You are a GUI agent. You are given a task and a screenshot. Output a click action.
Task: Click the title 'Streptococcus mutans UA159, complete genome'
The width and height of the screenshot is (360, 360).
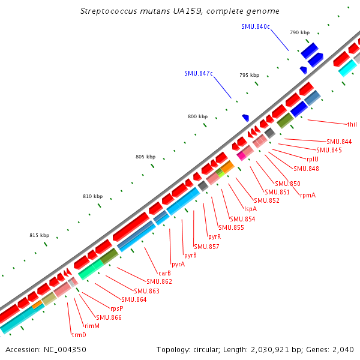(179, 11)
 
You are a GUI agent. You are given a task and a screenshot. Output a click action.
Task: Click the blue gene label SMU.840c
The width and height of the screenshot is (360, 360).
(256, 27)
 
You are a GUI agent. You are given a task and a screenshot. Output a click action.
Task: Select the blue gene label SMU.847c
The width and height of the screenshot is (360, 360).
(199, 73)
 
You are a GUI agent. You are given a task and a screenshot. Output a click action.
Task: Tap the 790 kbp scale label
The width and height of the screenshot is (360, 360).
(299, 32)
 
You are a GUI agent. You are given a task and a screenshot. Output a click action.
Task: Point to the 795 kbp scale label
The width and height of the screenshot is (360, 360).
(249, 75)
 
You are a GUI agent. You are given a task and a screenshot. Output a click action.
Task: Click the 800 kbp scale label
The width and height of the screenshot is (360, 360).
(197, 116)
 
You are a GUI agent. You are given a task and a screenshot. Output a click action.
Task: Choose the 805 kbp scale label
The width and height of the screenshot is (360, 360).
(145, 157)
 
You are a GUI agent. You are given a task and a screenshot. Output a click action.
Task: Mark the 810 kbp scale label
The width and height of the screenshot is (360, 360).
(92, 197)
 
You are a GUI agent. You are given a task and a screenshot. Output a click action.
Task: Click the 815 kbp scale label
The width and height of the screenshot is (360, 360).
(39, 236)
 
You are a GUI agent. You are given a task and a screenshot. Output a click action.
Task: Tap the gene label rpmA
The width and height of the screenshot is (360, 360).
(308, 195)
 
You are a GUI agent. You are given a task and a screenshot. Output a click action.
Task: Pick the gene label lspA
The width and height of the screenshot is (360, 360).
(250, 209)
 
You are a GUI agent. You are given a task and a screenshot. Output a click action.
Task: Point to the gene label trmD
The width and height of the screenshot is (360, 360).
(79, 334)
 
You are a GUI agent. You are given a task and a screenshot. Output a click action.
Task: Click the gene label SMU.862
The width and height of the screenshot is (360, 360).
(160, 281)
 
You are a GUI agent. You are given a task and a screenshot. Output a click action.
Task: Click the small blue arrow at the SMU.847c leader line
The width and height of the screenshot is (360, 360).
(245, 118)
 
